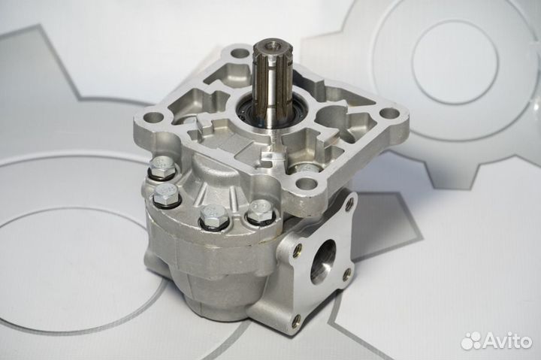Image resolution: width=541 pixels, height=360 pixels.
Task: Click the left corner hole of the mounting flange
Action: point(152,117)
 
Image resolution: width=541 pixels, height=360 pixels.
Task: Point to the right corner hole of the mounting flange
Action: point(388,113)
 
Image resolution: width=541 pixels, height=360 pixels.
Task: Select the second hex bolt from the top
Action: point(165,195)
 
